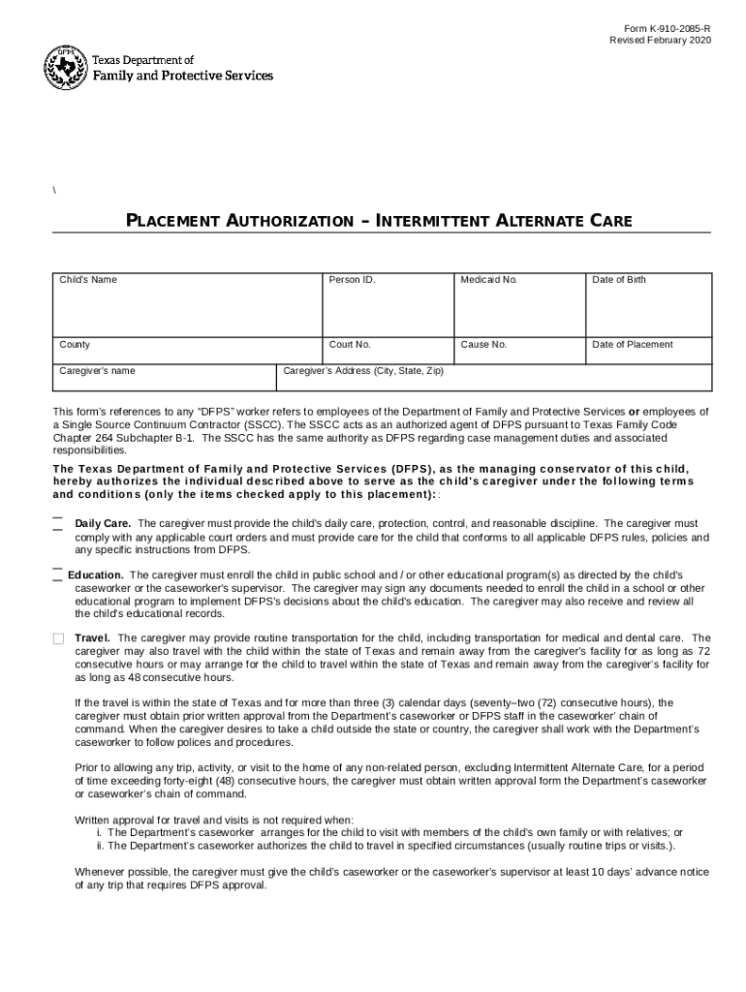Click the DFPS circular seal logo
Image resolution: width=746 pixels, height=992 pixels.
(66, 68)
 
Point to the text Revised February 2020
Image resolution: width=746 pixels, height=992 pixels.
(660, 40)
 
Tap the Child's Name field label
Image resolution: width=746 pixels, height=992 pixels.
(88, 280)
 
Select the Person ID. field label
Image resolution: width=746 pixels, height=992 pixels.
(352, 280)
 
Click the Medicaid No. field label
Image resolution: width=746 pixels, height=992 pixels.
(489, 280)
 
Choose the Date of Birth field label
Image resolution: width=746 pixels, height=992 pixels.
(619, 280)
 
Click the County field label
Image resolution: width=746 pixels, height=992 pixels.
(75, 345)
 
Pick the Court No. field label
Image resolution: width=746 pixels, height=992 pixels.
(350, 345)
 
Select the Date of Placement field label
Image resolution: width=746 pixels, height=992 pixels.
(632, 345)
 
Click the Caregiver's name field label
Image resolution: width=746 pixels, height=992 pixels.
(97, 371)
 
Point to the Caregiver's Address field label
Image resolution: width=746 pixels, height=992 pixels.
(362, 371)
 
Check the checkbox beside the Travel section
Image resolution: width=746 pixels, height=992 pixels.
(58, 638)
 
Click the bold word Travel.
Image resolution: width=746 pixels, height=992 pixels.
(93, 637)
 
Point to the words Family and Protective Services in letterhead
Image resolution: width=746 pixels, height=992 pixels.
(182, 76)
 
